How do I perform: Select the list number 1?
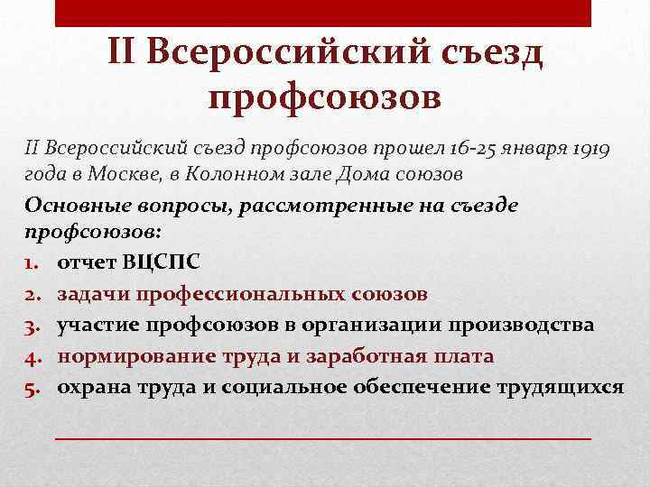click(x=31, y=263)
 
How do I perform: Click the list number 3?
click(x=32, y=325)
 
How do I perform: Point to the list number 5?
click(x=32, y=386)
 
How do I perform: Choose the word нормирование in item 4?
click(x=133, y=355)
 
